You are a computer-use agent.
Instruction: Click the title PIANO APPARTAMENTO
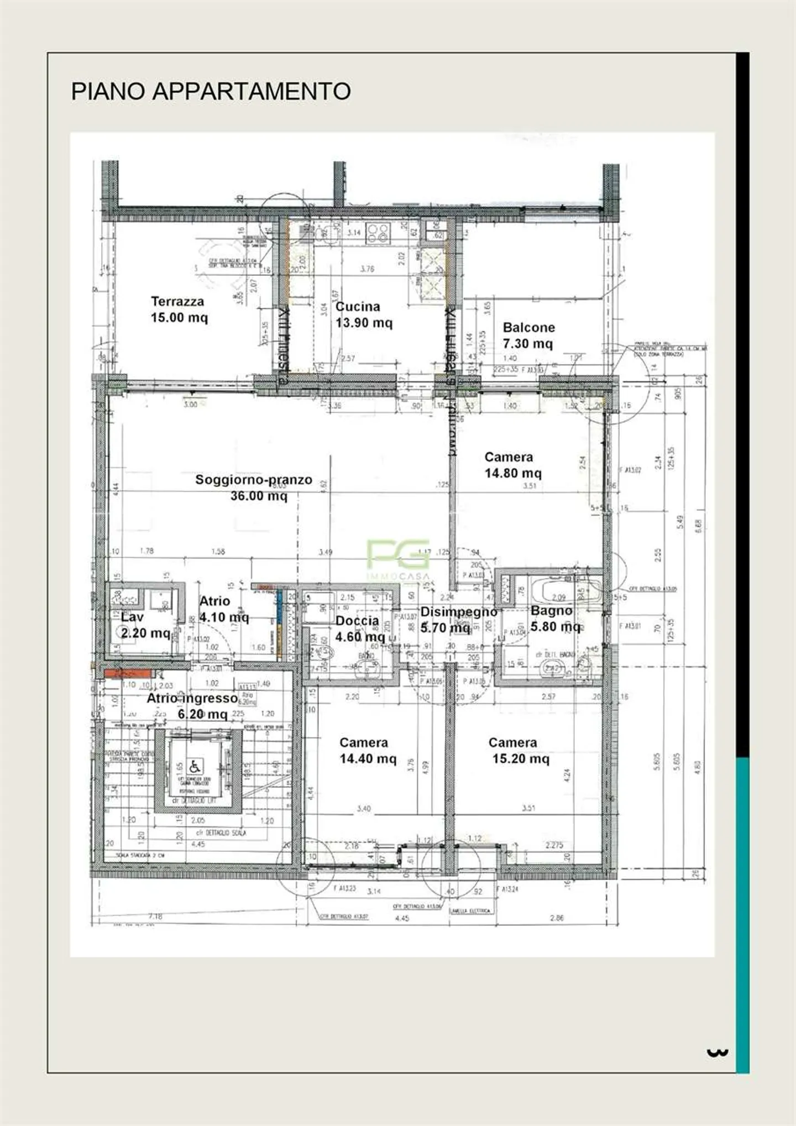click(211, 91)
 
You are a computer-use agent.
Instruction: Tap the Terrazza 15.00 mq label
click(179, 310)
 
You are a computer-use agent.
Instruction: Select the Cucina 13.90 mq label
click(363, 315)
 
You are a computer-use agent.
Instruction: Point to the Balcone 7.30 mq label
click(528, 335)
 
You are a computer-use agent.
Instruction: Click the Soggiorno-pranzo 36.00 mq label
click(254, 488)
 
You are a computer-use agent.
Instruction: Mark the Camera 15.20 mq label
click(518, 751)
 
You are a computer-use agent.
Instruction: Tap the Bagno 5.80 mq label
click(554, 619)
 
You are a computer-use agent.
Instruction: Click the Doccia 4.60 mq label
click(359, 629)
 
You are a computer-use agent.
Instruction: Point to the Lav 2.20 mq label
click(144, 625)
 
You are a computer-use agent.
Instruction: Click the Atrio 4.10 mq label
click(222, 609)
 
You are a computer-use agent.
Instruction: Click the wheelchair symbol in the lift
click(195, 766)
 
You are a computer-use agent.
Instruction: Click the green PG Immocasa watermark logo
click(398, 554)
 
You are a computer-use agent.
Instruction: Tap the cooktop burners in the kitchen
click(378, 233)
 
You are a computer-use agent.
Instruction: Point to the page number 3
click(717, 1052)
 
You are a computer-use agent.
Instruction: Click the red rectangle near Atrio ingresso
click(127, 673)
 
